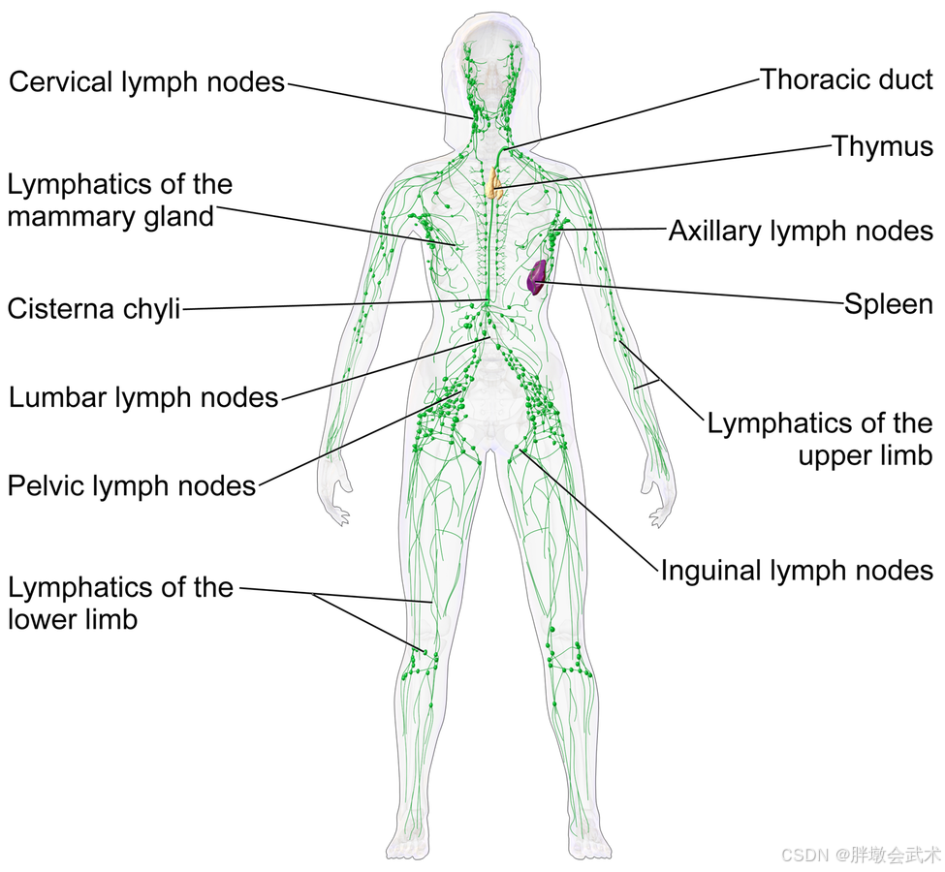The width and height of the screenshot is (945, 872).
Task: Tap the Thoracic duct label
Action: (846, 79)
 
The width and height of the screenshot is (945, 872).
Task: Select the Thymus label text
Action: (882, 146)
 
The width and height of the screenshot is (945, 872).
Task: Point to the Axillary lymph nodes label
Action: (801, 231)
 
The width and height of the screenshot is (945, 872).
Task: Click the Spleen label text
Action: (888, 304)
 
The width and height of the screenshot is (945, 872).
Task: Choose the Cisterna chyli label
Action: (94, 309)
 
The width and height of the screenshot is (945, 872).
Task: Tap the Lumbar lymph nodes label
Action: (143, 397)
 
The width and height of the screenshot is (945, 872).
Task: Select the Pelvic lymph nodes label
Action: (132, 484)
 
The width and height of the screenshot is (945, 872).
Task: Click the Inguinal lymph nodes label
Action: (797, 570)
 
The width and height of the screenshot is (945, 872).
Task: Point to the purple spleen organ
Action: (535, 277)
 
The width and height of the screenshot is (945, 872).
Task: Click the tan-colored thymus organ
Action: (495, 182)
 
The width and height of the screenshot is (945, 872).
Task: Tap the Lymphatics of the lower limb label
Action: (120, 603)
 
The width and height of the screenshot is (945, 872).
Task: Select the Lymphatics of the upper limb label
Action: (820, 439)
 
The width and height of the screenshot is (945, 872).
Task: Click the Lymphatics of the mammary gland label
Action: (119, 200)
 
